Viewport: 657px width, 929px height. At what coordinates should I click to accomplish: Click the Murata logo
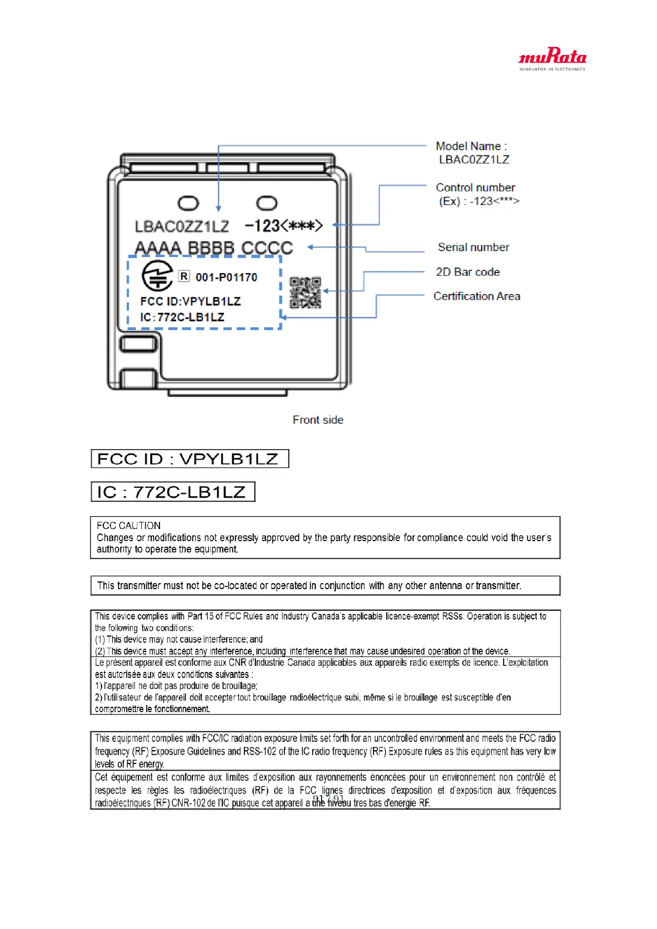click(552, 58)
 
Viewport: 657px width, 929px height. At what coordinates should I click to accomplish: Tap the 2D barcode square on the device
click(305, 292)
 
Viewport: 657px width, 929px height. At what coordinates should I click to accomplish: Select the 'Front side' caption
click(318, 420)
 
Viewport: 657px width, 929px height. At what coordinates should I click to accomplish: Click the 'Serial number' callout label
click(473, 247)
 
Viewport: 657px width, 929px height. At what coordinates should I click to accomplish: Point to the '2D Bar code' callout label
click(468, 272)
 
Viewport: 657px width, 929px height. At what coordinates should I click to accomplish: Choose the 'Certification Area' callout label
click(477, 296)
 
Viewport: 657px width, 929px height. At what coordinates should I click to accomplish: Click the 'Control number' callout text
click(476, 188)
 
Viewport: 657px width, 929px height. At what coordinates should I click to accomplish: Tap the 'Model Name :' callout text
click(471, 146)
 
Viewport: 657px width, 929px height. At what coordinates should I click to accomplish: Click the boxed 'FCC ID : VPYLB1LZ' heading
click(189, 459)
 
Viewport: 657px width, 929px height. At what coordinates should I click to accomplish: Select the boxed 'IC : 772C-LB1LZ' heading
click(172, 492)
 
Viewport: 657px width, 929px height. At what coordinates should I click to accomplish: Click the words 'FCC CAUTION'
click(129, 526)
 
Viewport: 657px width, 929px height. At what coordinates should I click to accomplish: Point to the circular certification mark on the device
click(158, 275)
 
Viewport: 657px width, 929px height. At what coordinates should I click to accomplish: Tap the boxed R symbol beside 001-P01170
click(184, 276)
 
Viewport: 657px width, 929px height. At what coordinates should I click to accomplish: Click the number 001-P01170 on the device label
click(226, 277)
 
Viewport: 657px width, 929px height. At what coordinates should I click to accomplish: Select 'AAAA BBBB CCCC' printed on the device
click(213, 248)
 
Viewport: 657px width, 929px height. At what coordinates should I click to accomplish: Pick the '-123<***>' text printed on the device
click(284, 226)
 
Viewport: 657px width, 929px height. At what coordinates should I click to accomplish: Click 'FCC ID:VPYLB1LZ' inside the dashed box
click(190, 301)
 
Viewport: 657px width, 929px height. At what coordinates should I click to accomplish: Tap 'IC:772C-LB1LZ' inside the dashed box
click(182, 317)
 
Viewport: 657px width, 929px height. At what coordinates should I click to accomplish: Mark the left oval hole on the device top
click(188, 203)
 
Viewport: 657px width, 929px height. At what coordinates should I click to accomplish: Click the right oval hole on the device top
click(267, 203)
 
